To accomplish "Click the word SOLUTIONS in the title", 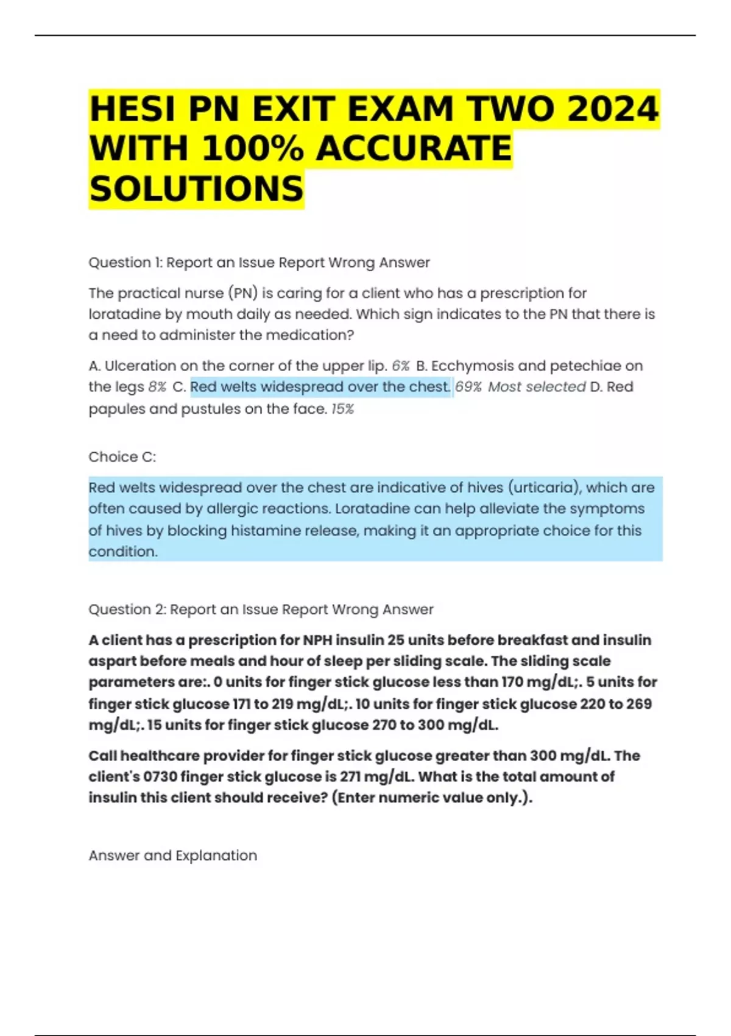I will click(x=196, y=189).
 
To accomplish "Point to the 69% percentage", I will click(x=468, y=387).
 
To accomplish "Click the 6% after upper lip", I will click(x=400, y=366).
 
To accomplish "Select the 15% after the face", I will click(x=342, y=409).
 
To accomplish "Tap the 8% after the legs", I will click(x=157, y=387).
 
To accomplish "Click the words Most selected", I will click(x=536, y=387).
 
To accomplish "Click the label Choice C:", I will click(x=122, y=457).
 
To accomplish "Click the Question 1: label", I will click(x=125, y=263).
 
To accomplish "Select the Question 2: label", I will click(x=127, y=609).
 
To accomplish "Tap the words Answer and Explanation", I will click(x=172, y=856).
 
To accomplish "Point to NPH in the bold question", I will click(x=317, y=640).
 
